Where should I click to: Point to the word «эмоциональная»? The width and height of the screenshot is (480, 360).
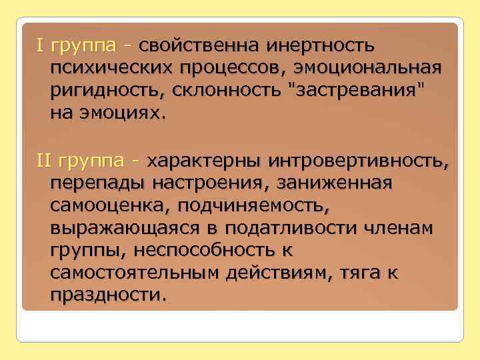pyautogui.click(x=373, y=69)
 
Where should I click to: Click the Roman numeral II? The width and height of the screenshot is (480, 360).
pyautogui.click(x=44, y=161)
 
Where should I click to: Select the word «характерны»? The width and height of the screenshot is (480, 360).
pyautogui.click(x=204, y=161)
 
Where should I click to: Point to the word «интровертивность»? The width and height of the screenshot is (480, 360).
pyautogui.click(x=358, y=161)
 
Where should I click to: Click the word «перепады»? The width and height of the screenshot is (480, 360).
pyautogui.click(x=97, y=183)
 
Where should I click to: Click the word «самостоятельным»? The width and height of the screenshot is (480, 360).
pyautogui.click(x=136, y=272)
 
